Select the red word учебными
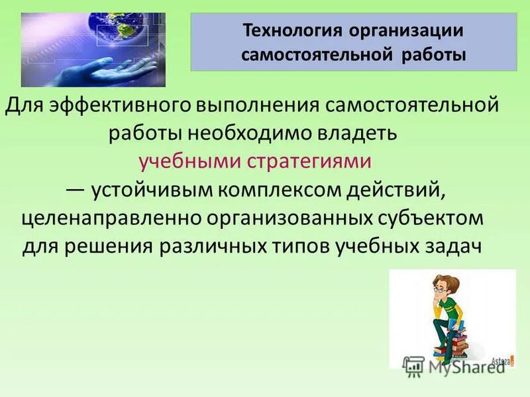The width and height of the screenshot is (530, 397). (189, 161)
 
